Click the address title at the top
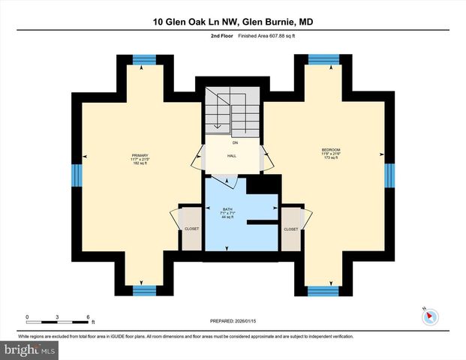click(x=233, y=22)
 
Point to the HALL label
click(x=232, y=157)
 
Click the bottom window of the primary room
click(x=140, y=290)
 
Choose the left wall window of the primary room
click(x=76, y=175)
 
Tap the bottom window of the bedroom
click(x=323, y=290)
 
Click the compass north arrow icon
click(x=429, y=316)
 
